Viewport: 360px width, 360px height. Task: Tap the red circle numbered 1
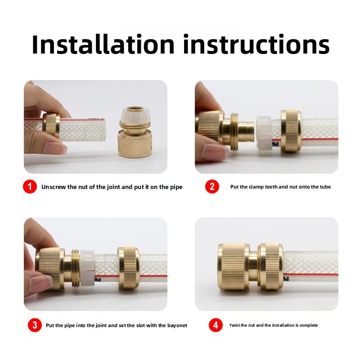tap(30, 187)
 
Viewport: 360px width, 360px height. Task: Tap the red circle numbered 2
tap(212, 187)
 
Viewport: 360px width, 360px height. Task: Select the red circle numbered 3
tap(34, 325)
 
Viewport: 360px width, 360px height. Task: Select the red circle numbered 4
tap(216, 325)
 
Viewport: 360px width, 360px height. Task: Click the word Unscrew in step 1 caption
tap(53, 187)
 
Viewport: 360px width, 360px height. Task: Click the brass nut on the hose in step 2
tap(291, 130)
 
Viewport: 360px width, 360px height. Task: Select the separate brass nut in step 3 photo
tap(129, 269)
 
